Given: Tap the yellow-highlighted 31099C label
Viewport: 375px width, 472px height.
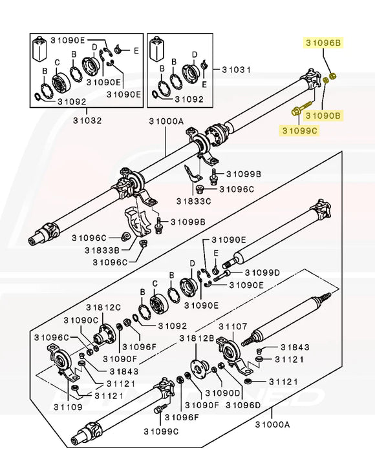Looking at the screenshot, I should point(299,131).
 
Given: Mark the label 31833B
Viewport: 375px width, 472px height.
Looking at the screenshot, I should point(102,249).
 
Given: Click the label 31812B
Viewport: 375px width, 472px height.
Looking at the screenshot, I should point(197,338).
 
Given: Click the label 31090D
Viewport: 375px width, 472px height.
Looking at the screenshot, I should point(223,393).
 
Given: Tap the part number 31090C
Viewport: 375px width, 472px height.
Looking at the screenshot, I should point(81,320).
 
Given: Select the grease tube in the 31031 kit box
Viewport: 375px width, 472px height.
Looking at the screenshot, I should point(156,47).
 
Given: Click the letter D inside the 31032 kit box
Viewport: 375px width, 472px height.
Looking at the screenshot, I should point(94,46).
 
